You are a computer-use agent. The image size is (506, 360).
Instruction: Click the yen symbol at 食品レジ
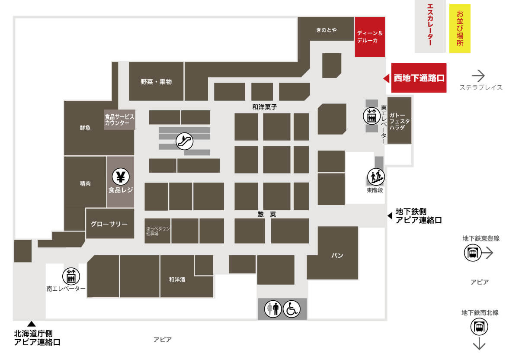pos(121,177)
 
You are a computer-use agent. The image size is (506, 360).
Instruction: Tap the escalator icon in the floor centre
pos(185,141)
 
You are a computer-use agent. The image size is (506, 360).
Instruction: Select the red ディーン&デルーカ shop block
pos(370,37)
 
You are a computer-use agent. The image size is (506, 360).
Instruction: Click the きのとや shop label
pos(326,30)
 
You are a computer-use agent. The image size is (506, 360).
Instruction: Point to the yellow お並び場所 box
pos(460,29)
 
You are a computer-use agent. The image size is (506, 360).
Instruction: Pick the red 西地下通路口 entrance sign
pos(419,78)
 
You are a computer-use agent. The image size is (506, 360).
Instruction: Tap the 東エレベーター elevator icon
pos(372,116)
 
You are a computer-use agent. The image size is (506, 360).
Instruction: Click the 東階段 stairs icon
pos(376,177)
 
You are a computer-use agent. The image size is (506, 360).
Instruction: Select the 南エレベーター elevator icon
pos(71,276)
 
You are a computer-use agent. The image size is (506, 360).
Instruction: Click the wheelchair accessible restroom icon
pos(292,309)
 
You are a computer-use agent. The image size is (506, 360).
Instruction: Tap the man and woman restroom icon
pos(273,309)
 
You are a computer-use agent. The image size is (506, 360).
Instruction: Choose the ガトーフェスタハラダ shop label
pos(400,121)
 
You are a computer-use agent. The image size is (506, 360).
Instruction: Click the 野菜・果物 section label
pos(156,82)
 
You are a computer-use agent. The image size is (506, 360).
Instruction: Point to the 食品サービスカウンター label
pos(119,120)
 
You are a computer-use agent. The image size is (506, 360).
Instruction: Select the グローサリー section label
pos(109,224)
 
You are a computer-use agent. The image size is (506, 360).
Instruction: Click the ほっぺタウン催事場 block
pos(157,231)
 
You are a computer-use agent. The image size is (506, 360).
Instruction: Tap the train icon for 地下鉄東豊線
pos(473,253)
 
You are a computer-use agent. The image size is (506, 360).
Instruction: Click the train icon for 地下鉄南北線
pos(479,327)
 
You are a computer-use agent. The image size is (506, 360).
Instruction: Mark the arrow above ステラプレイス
pos(478,76)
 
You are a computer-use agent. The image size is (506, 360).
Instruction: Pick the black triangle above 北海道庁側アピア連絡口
pos(31,324)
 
